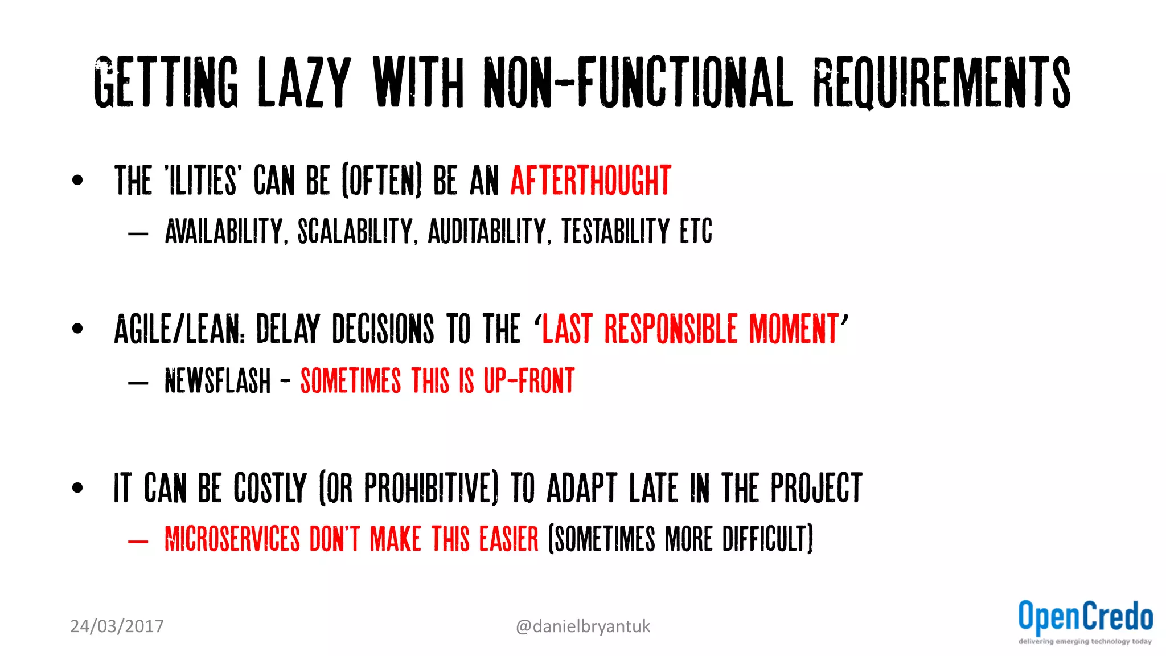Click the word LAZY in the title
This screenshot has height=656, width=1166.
click(x=304, y=83)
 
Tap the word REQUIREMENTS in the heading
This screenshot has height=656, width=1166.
click(x=942, y=83)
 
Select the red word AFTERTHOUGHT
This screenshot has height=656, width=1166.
click(x=590, y=181)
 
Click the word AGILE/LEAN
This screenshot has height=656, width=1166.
click(x=179, y=329)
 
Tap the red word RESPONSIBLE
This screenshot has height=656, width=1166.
click(x=671, y=329)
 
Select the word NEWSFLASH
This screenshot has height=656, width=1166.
click(x=217, y=381)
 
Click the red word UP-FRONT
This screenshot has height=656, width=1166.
click(x=529, y=381)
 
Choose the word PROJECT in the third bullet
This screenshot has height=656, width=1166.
click(x=816, y=488)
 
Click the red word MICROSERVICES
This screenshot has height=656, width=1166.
click(x=232, y=539)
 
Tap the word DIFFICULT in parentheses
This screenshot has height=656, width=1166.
click(x=767, y=539)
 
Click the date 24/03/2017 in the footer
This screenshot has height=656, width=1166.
click(x=117, y=626)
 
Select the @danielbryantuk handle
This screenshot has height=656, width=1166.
click(x=582, y=626)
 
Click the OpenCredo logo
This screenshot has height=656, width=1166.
click(x=1085, y=622)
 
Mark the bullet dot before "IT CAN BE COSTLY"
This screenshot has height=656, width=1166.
click(x=77, y=487)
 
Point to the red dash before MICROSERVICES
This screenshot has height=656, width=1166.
click(x=138, y=541)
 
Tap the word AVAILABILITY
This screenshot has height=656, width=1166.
click(x=224, y=232)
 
